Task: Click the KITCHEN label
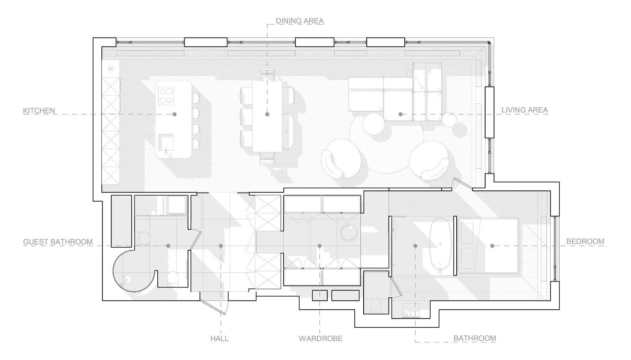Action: coord(39,110)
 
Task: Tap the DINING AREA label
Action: coord(300,21)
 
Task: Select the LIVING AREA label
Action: coord(525,110)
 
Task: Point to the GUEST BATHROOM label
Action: coord(58,242)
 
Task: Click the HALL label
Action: coord(219,338)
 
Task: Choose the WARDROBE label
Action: coord(321,338)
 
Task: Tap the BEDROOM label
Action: coord(585,241)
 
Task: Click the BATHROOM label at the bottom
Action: coord(474,338)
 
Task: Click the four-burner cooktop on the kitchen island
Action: coord(166,95)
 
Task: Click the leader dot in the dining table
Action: coord(267,114)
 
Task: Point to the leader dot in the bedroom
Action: coord(492,246)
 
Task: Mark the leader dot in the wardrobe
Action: coord(320,246)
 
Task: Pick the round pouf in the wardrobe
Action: coord(349,233)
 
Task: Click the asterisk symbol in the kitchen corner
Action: coord(110,69)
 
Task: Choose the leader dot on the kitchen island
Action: coord(175,114)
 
